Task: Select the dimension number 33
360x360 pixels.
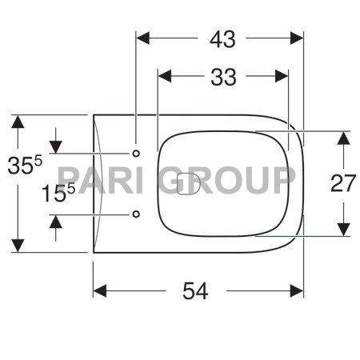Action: click(x=223, y=77)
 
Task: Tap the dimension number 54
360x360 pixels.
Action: click(x=194, y=292)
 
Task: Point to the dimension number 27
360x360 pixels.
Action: click(x=342, y=183)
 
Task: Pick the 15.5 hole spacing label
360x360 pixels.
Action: click(x=58, y=194)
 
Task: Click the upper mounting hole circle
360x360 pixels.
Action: click(x=135, y=152)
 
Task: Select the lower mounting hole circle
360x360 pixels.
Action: click(x=135, y=214)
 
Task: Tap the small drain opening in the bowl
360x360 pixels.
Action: click(x=190, y=185)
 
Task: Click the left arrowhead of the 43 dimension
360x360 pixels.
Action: click(x=143, y=38)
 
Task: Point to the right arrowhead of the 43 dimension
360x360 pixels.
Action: click(x=297, y=38)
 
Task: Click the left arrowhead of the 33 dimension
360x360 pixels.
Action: click(x=166, y=77)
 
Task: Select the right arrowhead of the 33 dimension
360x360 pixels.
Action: click(x=281, y=77)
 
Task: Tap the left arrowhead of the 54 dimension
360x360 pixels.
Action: click(x=100, y=291)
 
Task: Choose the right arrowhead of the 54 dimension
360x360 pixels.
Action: click(x=297, y=291)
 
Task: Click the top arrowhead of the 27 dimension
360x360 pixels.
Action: click(x=342, y=138)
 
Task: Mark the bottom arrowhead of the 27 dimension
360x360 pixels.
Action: click(x=342, y=230)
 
